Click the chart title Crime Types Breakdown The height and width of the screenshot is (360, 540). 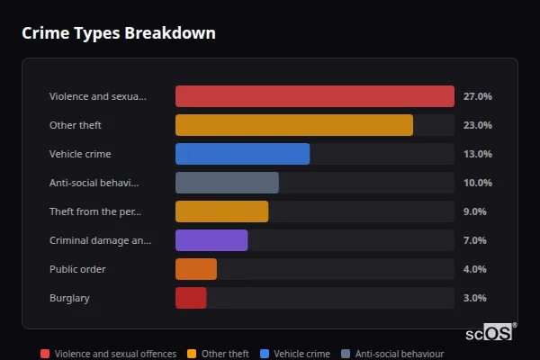click(x=119, y=33)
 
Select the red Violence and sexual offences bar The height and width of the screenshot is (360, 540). click(x=314, y=96)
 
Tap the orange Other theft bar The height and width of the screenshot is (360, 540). click(x=294, y=125)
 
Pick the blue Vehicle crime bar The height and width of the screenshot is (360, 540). click(x=242, y=154)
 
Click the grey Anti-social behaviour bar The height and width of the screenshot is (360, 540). click(x=227, y=183)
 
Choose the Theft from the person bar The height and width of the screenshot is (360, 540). click(x=221, y=211)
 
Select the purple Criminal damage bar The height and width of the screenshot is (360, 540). click(x=211, y=240)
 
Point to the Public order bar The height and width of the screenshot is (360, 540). click(x=196, y=269)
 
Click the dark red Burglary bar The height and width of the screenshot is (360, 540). click(x=191, y=298)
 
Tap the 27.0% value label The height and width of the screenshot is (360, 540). click(x=477, y=96)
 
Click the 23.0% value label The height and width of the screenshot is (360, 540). click(x=477, y=125)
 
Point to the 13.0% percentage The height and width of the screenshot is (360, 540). click(x=477, y=154)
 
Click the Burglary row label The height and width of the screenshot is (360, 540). click(x=69, y=298)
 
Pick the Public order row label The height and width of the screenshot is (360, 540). click(x=77, y=269)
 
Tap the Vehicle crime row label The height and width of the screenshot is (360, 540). click(x=80, y=154)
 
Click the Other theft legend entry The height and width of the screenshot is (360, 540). click(x=219, y=354)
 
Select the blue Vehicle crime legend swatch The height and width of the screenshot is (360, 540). click(x=264, y=354)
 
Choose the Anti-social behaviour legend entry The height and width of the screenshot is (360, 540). click(x=392, y=354)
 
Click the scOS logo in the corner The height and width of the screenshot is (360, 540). click(x=490, y=332)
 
